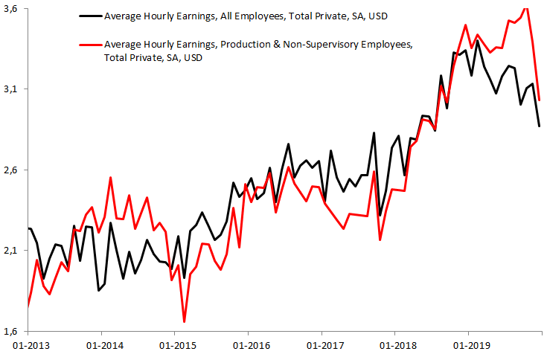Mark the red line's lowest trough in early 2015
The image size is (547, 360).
click(184, 321)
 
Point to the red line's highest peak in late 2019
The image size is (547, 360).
click(526, 8)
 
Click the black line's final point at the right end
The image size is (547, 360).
click(540, 126)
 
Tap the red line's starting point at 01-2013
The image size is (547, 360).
click(28, 306)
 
